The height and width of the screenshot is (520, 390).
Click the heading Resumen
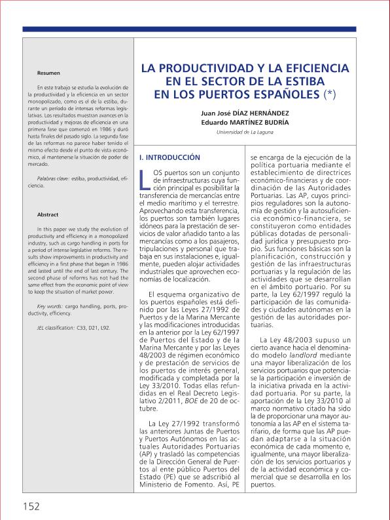48,73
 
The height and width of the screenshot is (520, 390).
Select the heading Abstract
48,215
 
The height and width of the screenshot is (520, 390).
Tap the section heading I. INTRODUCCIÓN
170,158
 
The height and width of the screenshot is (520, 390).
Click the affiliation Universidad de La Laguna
245,132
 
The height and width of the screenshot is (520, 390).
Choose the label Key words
50,307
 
